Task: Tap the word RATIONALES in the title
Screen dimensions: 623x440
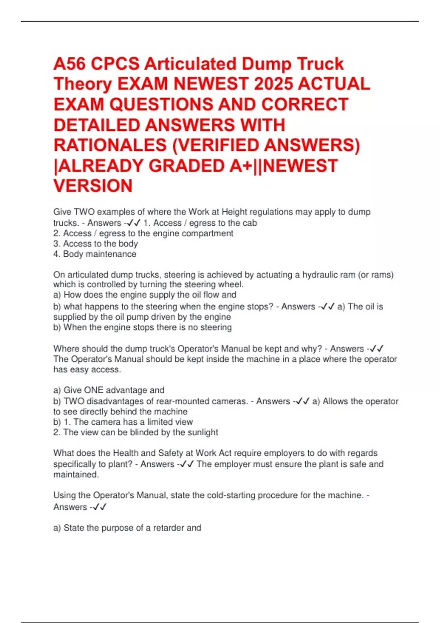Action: tap(110, 145)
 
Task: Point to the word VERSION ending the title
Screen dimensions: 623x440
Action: tap(93, 186)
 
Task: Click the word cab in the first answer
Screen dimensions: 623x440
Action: tap(249, 223)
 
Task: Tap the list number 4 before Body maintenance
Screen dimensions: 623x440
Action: tap(56, 254)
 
